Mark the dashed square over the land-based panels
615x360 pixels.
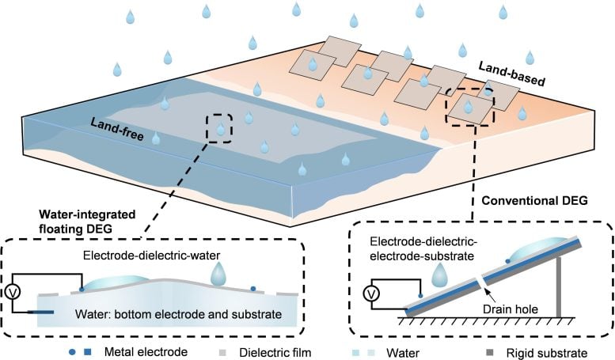tap(470, 105)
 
